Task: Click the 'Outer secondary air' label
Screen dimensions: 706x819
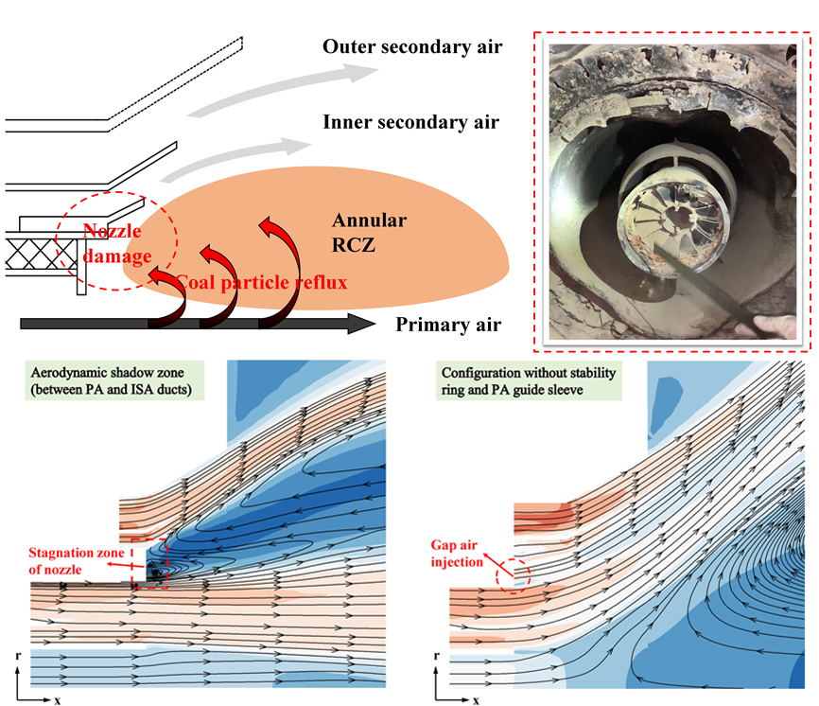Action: coord(411,46)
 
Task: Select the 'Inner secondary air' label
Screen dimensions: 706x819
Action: coord(410,122)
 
